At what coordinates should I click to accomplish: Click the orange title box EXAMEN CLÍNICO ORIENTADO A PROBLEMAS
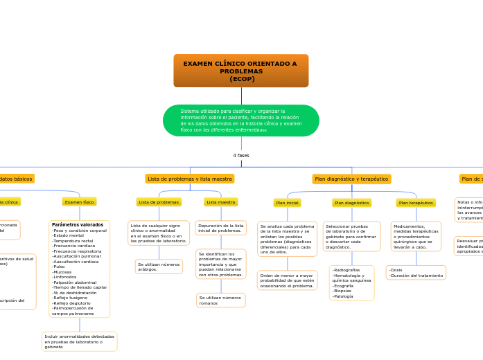click(240, 71)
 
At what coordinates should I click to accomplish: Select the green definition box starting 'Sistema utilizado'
click(240, 120)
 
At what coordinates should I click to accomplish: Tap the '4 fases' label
click(241, 156)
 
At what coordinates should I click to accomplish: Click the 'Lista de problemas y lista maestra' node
click(189, 179)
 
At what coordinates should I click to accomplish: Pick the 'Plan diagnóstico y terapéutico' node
click(351, 179)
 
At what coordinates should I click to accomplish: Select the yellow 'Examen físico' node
click(79, 202)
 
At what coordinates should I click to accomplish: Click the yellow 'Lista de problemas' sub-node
click(159, 202)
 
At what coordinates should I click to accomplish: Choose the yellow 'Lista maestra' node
click(221, 202)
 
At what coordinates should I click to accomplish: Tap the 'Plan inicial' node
click(287, 203)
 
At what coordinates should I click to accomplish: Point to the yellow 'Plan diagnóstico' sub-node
click(351, 203)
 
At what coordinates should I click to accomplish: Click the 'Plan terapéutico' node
click(416, 203)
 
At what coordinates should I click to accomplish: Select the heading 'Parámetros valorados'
click(78, 225)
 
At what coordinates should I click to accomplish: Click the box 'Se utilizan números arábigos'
click(159, 267)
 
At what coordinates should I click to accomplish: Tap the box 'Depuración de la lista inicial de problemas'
click(221, 228)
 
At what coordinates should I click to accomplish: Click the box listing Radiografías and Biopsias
click(351, 282)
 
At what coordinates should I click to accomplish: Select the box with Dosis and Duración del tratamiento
click(416, 273)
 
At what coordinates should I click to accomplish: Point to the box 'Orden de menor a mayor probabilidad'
click(287, 280)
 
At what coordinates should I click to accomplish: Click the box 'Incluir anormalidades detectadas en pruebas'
click(79, 341)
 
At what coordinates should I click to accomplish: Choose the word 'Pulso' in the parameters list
click(58, 266)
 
